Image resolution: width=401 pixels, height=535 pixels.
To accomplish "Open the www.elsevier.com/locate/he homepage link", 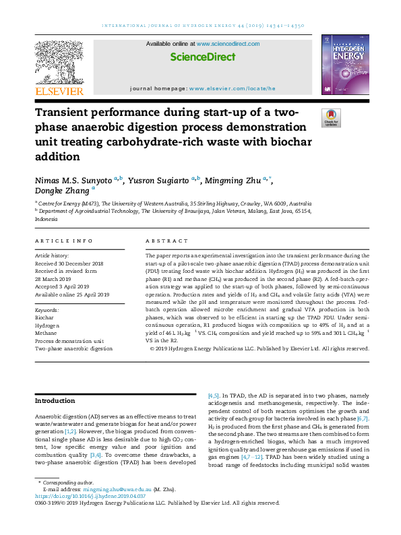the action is coord(232,88).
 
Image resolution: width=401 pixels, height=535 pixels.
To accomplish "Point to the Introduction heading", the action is coord(55,401).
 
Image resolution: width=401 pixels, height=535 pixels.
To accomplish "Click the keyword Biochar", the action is coord(44,316).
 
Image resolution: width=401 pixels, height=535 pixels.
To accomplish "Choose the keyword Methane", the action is coord(47,332).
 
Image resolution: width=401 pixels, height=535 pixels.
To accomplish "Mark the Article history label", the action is coord(51,256).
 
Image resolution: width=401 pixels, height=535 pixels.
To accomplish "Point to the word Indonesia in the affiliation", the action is coord(47,219).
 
